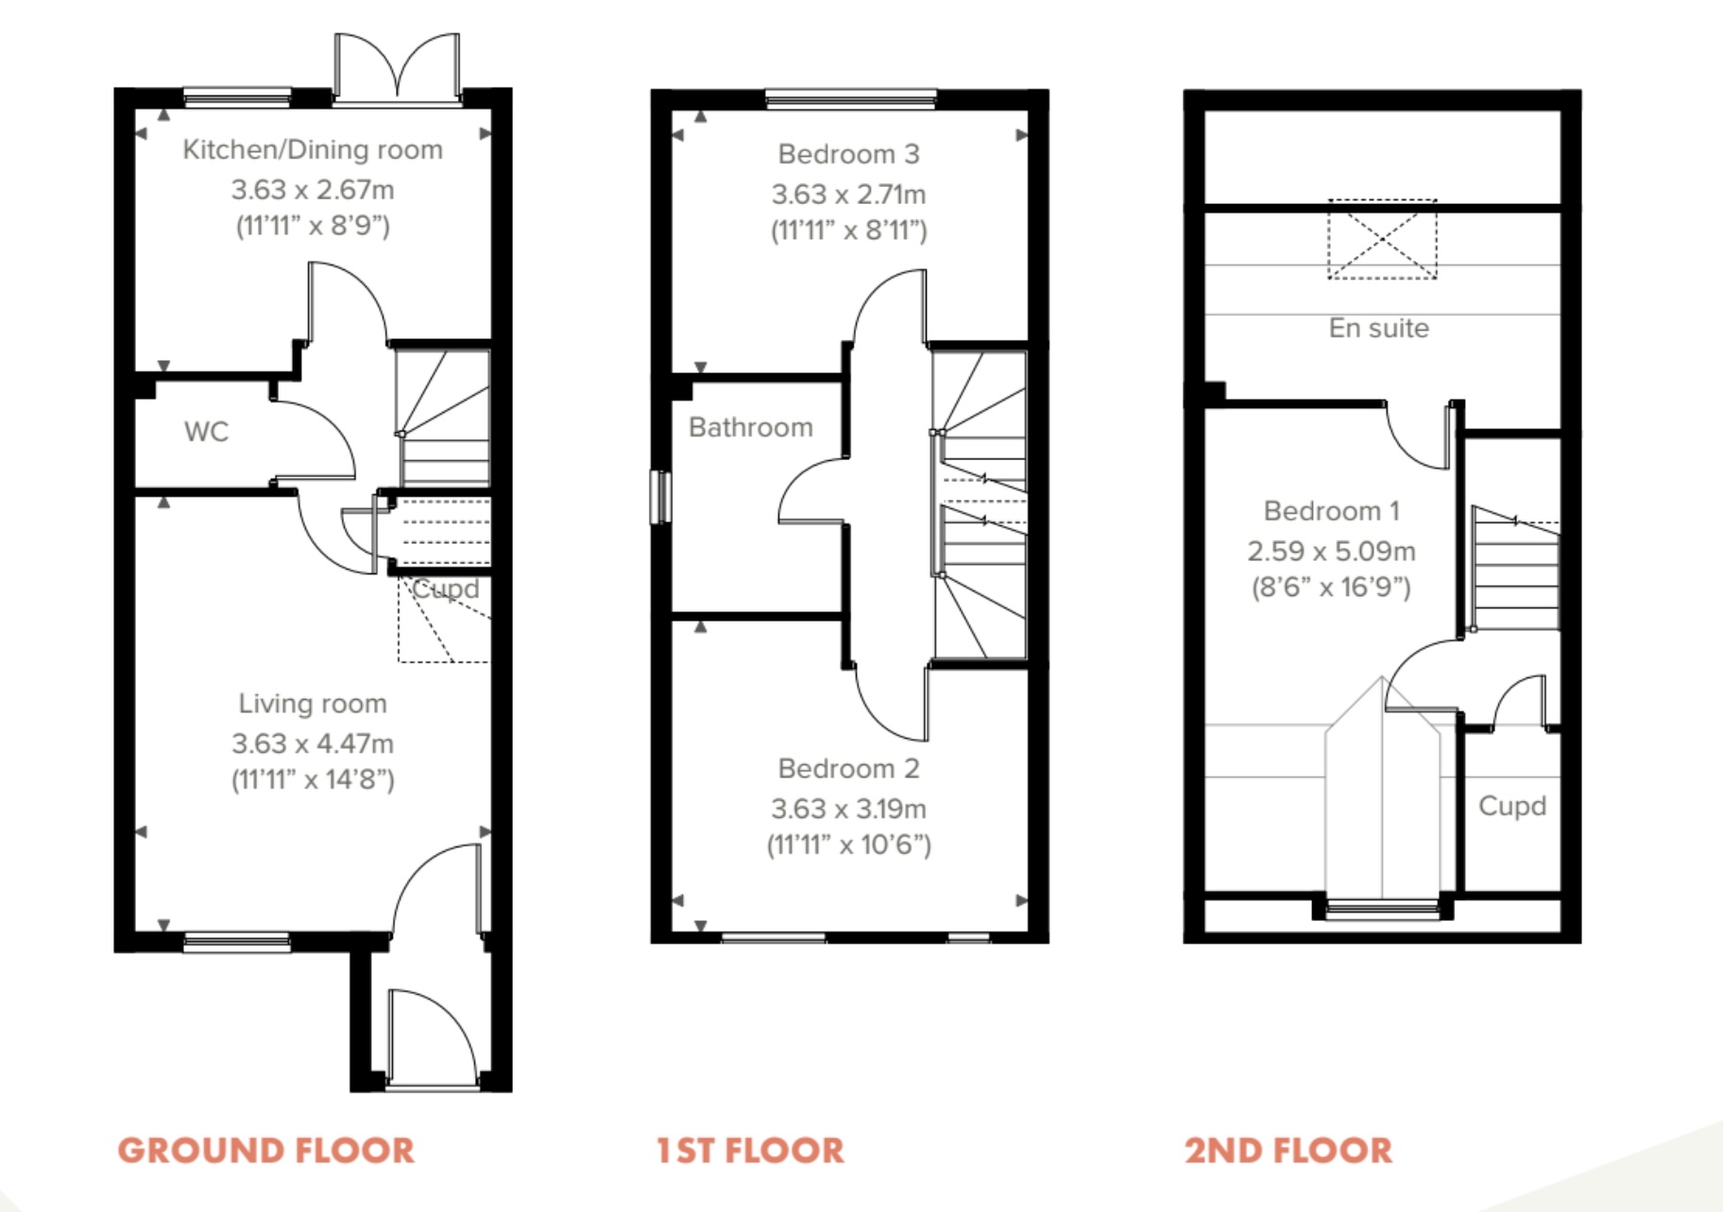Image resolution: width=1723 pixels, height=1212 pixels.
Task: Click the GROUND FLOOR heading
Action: [266, 1150]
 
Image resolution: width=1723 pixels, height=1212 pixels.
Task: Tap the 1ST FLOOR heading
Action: [750, 1150]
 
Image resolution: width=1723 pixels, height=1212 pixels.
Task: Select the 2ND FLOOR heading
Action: [1288, 1150]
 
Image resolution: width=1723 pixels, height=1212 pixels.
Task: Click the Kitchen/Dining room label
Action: [313, 149]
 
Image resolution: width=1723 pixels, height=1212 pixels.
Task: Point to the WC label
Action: [206, 432]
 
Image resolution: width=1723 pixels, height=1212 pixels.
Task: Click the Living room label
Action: [313, 704]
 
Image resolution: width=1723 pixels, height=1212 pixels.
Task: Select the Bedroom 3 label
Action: [848, 154]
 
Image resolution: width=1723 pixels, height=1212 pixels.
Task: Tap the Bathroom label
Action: [751, 427]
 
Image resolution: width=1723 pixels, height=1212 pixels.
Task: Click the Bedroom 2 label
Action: [848, 769]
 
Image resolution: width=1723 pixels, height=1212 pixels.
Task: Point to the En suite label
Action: [1379, 328]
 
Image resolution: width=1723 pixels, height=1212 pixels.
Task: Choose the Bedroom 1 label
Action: [1331, 511]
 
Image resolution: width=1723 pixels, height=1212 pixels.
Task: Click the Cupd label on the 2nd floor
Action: [1512, 806]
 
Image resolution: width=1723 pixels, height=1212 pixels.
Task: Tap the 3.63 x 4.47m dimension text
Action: [313, 743]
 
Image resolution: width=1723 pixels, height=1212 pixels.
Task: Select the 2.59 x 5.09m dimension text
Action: [1331, 551]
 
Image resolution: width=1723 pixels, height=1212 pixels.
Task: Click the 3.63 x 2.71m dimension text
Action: [848, 194]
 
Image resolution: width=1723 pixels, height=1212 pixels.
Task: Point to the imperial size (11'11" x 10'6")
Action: [848, 845]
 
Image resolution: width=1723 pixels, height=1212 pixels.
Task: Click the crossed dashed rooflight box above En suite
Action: [1382, 239]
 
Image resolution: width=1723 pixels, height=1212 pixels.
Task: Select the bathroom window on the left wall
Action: [660, 496]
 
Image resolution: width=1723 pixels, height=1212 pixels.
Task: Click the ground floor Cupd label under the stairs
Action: [445, 589]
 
